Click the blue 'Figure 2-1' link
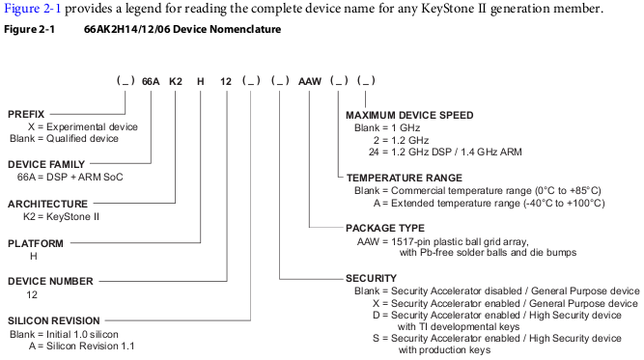coord(32,9)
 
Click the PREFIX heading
coord(26,114)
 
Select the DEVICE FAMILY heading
coord(46,164)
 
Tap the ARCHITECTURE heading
coord(47,204)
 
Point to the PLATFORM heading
coord(36,243)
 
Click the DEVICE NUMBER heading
coord(50,281)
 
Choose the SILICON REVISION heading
coord(54,320)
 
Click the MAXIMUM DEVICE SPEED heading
coord(409,116)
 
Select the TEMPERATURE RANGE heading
coord(405,178)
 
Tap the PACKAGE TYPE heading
coord(385,228)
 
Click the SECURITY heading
coord(372,278)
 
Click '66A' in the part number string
coord(151,82)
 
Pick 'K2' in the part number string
coord(176,82)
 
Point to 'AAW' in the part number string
coord(310,82)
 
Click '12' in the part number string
coord(226,82)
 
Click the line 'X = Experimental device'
coord(83,126)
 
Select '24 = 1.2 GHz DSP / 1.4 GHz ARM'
coord(445,152)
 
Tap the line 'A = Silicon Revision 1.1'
coord(82,346)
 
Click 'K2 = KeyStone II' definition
coord(61,217)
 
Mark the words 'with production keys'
coord(444,350)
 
